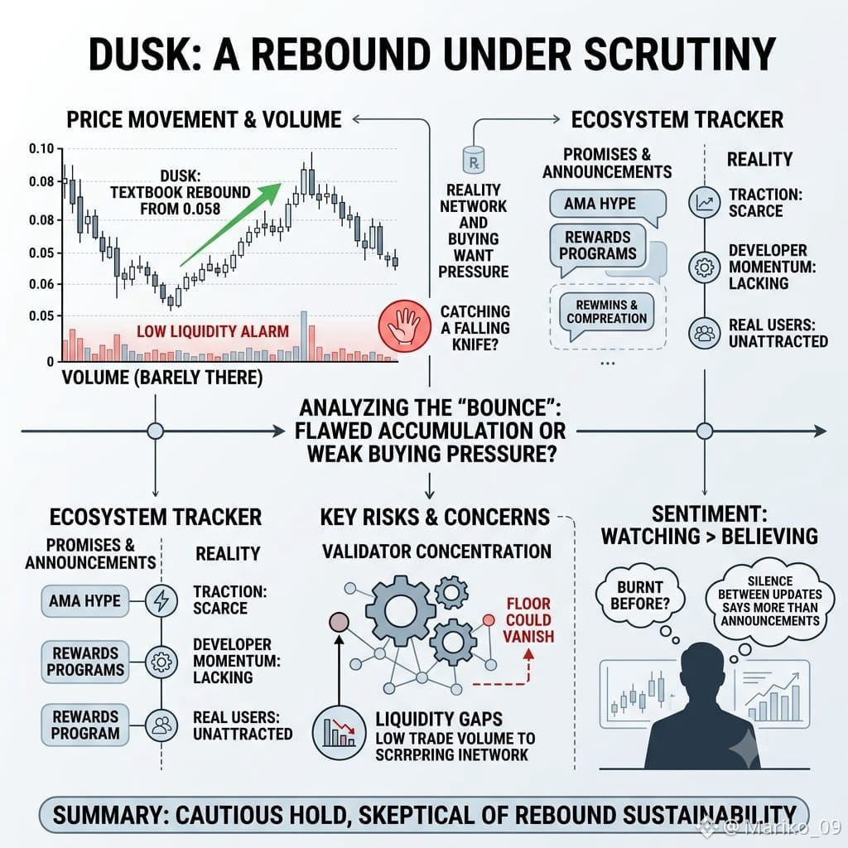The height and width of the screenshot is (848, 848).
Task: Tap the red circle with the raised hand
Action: pos(404,326)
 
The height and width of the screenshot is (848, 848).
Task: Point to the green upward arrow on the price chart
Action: pos(231,224)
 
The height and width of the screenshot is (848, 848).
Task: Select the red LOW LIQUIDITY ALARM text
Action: pos(213,331)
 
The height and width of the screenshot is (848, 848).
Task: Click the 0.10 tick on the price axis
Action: pos(41,149)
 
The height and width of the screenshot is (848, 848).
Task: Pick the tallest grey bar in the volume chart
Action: pos(304,336)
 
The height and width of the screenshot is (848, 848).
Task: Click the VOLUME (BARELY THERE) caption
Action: pos(162,378)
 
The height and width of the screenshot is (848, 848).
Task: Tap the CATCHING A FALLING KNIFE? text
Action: pos(475,328)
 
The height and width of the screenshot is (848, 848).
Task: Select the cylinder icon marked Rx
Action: pos(474,160)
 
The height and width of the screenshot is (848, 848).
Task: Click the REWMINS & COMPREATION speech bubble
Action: pos(607,314)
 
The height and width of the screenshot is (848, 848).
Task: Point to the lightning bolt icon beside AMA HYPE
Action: pos(161,600)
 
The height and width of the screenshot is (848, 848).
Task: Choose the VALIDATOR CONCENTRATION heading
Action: pos(436,551)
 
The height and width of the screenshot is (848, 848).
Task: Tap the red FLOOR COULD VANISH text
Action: pos(528,619)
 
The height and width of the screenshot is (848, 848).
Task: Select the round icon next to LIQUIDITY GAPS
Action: pos(339,734)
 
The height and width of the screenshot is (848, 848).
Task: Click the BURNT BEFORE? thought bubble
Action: pos(640,596)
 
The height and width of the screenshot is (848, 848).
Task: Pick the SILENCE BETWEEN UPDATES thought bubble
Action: pos(769,601)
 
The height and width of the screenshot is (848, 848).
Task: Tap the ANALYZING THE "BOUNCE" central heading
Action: pos(431,431)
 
